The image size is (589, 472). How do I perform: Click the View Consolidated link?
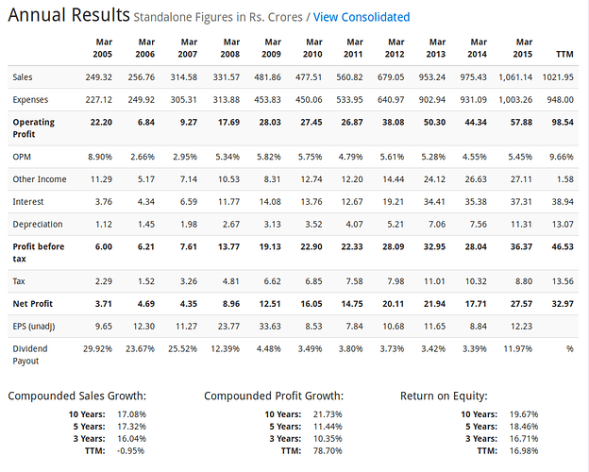click(x=362, y=17)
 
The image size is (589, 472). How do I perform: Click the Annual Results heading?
click(x=69, y=15)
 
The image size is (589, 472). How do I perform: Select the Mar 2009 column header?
click(x=272, y=48)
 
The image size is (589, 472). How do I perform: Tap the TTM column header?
click(x=564, y=54)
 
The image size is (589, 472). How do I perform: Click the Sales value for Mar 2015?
click(x=515, y=77)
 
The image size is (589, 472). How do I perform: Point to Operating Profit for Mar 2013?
click(x=434, y=123)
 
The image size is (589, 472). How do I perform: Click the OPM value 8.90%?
click(x=100, y=157)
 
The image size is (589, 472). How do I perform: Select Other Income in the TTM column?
click(x=565, y=179)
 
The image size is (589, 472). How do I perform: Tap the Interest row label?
click(x=28, y=202)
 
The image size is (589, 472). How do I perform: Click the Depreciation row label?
click(x=38, y=225)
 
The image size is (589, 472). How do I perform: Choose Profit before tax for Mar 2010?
click(x=311, y=247)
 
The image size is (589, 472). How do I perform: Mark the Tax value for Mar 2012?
click(x=395, y=281)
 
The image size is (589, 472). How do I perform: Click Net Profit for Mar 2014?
click(x=476, y=304)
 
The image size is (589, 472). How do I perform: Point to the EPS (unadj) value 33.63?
click(x=270, y=327)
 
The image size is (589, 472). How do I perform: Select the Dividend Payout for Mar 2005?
click(x=97, y=349)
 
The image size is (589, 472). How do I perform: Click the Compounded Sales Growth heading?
click(x=77, y=396)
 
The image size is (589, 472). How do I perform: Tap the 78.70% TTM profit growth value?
click(x=328, y=451)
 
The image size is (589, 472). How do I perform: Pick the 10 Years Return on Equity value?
click(x=524, y=414)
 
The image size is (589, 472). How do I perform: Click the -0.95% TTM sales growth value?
click(x=130, y=451)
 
